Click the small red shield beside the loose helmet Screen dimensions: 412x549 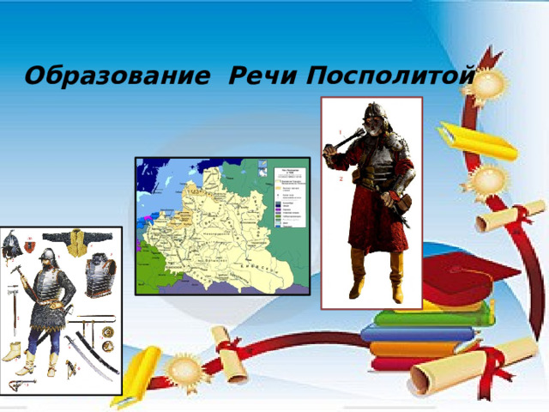(x=30, y=245)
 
